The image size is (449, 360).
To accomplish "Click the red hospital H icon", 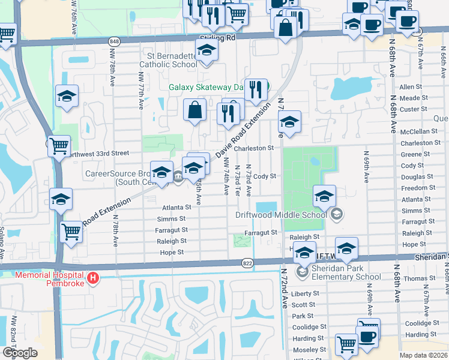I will [92, 278].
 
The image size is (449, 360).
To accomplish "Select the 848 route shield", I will [113, 41].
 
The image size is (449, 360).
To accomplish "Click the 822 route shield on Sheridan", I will [247, 263].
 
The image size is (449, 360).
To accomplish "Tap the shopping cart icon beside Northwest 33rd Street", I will [59, 145].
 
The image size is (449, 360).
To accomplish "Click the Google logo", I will [19, 353].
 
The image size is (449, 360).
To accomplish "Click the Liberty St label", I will [304, 294].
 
